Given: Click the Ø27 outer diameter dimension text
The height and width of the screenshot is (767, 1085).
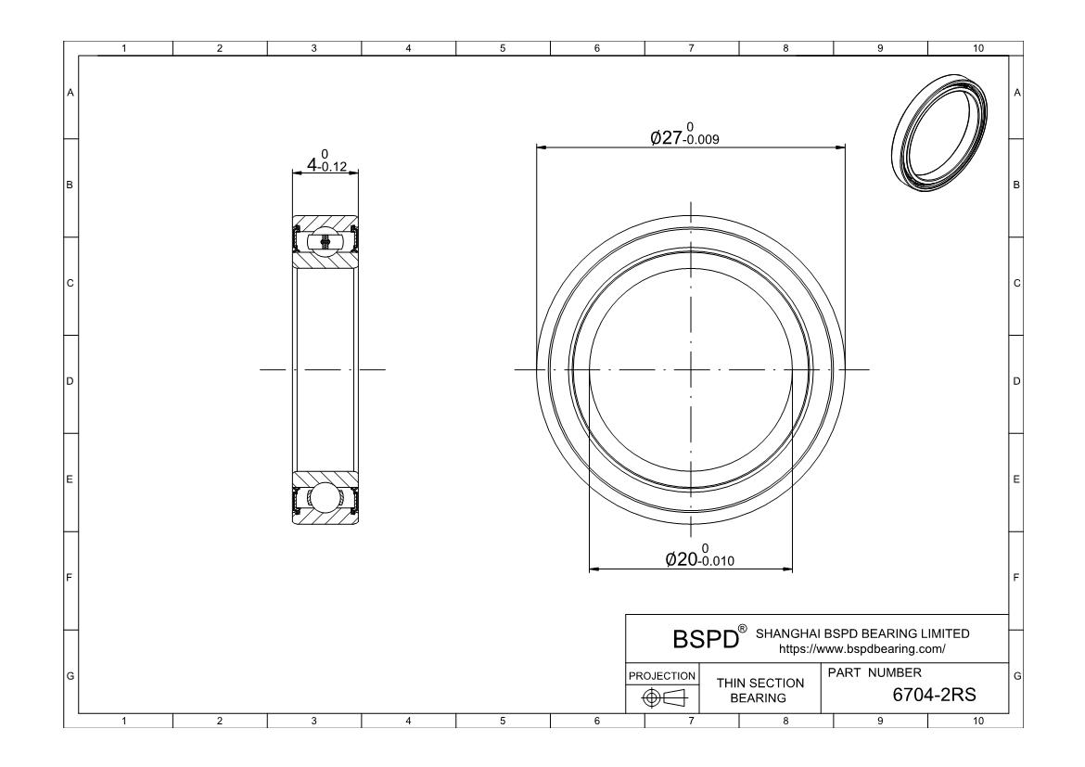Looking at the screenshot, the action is click(684, 134).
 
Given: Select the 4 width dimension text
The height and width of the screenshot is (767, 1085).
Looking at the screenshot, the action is click(326, 161).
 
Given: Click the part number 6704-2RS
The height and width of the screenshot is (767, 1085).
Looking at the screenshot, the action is click(934, 695).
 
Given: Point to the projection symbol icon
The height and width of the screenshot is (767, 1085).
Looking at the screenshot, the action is click(664, 697).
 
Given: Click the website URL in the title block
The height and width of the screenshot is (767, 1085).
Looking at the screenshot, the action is click(862, 649).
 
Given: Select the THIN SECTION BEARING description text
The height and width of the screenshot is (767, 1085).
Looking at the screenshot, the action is click(759, 690).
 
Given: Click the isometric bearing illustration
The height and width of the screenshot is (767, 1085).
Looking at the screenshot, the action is click(939, 130).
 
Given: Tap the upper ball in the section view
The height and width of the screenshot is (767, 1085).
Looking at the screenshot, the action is click(325, 241).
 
